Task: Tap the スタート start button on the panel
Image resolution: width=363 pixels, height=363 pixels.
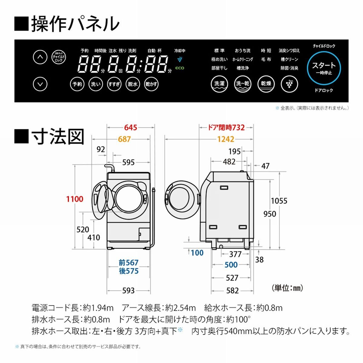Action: [324, 68]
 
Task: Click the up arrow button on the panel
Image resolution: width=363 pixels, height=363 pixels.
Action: [40, 57]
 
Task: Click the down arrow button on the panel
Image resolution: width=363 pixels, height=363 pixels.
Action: [40, 84]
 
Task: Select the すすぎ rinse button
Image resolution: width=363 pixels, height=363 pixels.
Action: [114, 84]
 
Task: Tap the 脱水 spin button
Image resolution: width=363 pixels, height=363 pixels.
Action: [132, 84]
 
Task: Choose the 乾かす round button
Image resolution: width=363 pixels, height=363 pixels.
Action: [151, 84]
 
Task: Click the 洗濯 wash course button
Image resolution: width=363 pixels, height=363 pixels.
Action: [219, 84]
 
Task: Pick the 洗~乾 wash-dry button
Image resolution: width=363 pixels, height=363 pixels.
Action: [242, 84]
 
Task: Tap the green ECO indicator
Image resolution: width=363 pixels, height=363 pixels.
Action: [180, 68]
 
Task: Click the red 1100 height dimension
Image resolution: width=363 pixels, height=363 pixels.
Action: [75, 199]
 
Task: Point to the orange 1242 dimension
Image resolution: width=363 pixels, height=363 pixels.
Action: [226, 139]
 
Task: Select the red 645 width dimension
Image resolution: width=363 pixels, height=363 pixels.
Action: [131, 128]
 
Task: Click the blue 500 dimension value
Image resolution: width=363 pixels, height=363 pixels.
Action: [231, 265]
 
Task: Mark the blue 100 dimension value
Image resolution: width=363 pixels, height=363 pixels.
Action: [197, 253]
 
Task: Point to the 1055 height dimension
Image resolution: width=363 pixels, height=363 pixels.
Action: [279, 201]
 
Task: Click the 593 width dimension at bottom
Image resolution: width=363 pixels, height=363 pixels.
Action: [128, 291]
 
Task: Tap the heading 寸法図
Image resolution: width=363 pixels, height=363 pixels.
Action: [57, 137]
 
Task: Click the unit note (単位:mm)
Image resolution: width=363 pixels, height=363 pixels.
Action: [287, 288]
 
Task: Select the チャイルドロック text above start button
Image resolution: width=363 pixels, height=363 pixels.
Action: [324, 46]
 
